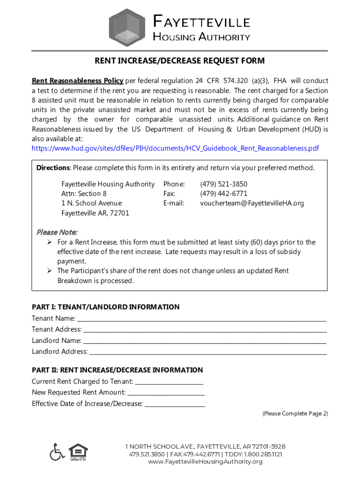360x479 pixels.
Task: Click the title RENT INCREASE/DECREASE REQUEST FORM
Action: tap(180, 61)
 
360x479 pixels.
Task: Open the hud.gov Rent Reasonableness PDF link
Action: tap(175, 148)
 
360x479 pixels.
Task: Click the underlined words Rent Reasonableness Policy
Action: tap(78, 80)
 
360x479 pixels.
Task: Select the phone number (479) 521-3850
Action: tap(223, 184)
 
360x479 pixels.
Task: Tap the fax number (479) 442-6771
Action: tap(223, 194)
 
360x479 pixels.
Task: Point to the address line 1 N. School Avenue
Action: tap(91, 203)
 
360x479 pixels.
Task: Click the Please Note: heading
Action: tap(57, 232)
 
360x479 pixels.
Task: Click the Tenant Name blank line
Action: tap(201, 319)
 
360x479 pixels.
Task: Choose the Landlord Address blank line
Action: tap(208, 352)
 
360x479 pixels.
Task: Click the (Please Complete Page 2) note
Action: tap(295, 414)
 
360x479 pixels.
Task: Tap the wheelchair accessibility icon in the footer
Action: tap(57, 451)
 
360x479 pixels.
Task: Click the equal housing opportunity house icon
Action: tap(77, 452)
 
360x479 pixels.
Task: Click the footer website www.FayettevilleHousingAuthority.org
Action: tap(205, 462)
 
